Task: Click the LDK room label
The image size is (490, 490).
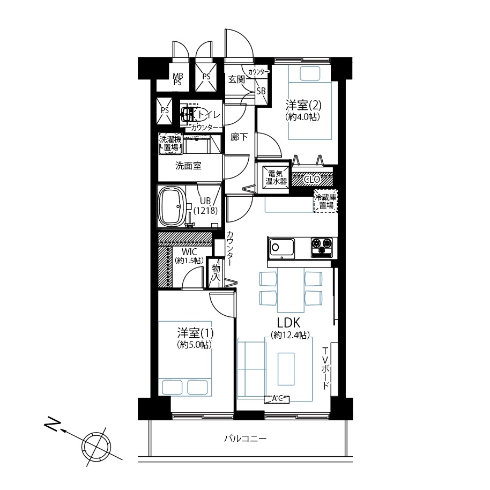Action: [x=288, y=322]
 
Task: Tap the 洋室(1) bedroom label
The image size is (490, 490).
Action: [x=195, y=333]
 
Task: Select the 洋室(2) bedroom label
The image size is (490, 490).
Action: [x=303, y=105]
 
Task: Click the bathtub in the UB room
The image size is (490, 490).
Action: [x=172, y=206]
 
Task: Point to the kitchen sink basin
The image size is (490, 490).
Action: [x=281, y=249]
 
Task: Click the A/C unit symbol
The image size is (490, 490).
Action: [x=277, y=399]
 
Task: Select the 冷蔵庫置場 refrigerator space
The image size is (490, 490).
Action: [x=325, y=201]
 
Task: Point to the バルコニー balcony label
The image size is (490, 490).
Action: [x=246, y=439]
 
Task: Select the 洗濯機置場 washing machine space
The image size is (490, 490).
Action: [x=170, y=144]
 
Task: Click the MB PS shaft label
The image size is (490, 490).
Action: [x=177, y=79]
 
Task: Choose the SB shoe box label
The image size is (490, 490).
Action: [x=261, y=91]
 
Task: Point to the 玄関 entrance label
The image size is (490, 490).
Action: [x=236, y=79]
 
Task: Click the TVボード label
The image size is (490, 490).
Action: [x=325, y=368]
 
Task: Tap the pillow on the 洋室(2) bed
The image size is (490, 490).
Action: [x=310, y=74]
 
